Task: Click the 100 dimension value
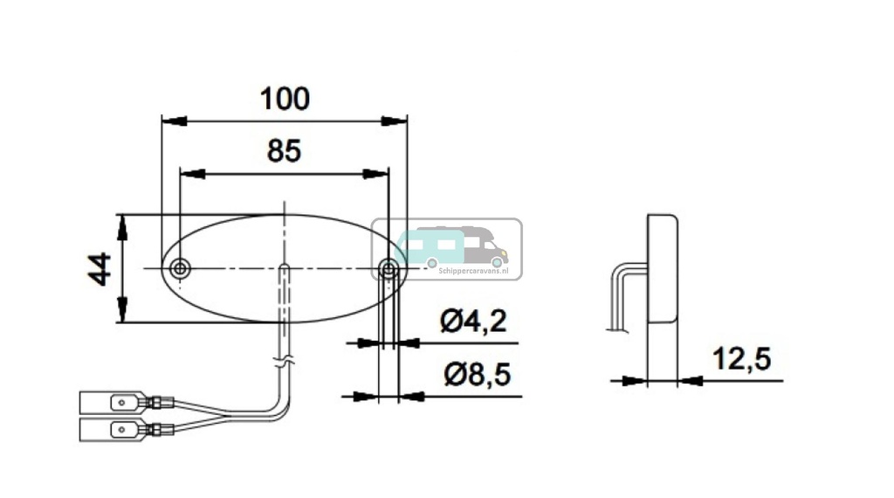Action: [x=285, y=100]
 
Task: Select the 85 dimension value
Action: [x=284, y=152]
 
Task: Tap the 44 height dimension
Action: [x=100, y=268]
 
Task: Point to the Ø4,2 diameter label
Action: [x=474, y=322]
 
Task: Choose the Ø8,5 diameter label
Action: [x=477, y=376]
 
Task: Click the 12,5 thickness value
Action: [x=742, y=359]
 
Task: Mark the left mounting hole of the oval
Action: [x=180, y=268]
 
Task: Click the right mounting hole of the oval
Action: [x=389, y=268]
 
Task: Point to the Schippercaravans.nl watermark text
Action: [x=473, y=272]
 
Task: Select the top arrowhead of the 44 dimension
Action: [x=122, y=226]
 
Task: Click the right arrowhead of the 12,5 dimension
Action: [x=690, y=380]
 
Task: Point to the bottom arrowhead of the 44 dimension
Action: [x=122, y=311]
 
